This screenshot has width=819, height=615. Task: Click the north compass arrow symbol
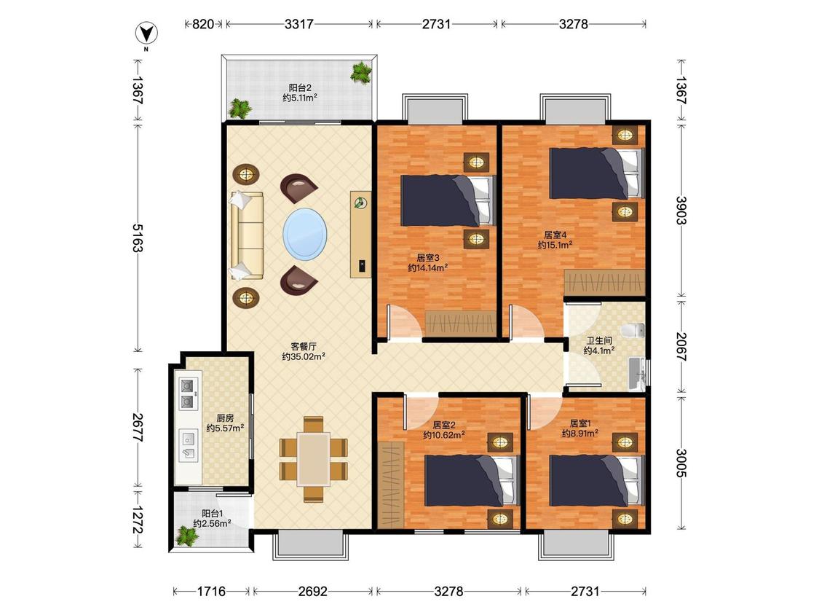pyautogui.click(x=147, y=34)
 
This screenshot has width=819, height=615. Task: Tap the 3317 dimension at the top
pyautogui.click(x=298, y=24)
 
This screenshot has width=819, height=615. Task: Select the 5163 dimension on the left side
pyautogui.click(x=138, y=238)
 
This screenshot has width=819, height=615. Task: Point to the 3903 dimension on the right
pyautogui.click(x=681, y=210)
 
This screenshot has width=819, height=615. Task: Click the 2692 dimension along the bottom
pyautogui.click(x=313, y=591)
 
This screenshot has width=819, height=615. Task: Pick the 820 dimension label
pyautogui.click(x=203, y=24)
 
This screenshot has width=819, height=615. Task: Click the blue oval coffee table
pyautogui.click(x=306, y=234)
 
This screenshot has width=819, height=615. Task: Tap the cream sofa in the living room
pyautogui.click(x=247, y=235)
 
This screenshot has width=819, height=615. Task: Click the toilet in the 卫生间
pyautogui.click(x=633, y=331)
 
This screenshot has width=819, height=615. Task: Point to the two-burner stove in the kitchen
pyautogui.click(x=188, y=393)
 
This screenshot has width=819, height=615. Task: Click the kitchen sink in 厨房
pyautogui.click(x=188, y=445)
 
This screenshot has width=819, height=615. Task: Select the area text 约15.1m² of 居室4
pyautogui.click(x=555, y=245)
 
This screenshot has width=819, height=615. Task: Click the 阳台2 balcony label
pyautogui.click(x=301, y=88)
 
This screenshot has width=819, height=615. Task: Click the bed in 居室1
pyautogui.click(x=596, y=481)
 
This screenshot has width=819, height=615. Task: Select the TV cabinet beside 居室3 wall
pyautogui.click(x=360, y=235)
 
